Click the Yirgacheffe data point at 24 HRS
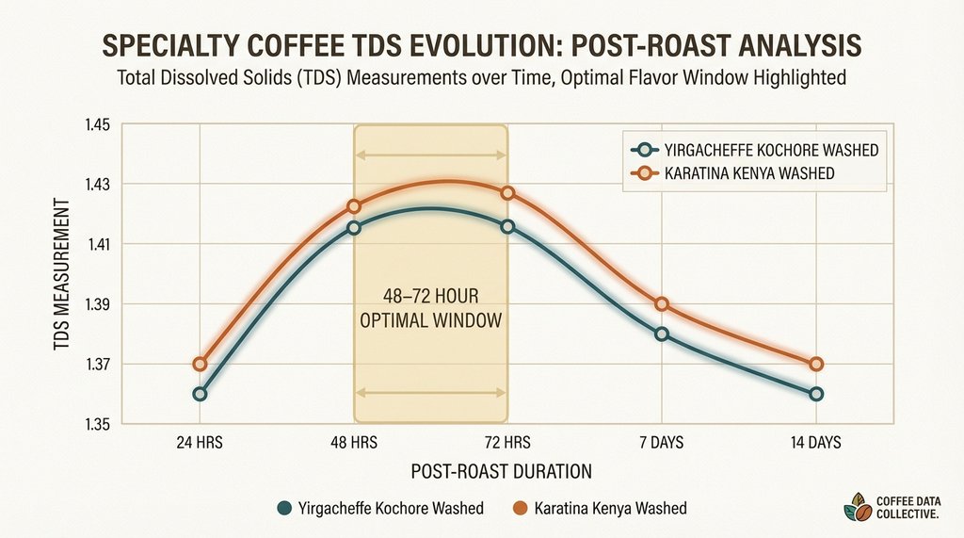[x=200, y=394]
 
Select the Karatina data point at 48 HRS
[x=354, y=206]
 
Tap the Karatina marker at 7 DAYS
[x=662, y=303]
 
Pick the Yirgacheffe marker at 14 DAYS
[x=816, y=394]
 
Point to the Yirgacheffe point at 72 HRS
[x=507, y=226]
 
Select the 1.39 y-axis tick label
[x=98, y=304]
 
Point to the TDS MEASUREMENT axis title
[x=60, y=274]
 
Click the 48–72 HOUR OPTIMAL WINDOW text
[x=430, y=307]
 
